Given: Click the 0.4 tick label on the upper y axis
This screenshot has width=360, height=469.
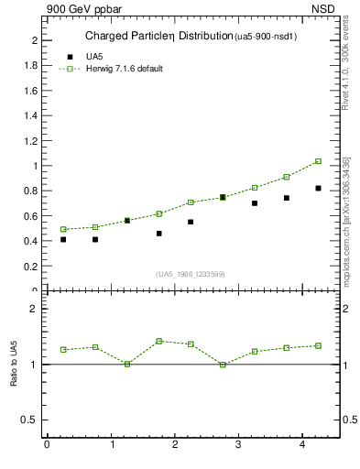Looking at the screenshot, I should pos(30,242).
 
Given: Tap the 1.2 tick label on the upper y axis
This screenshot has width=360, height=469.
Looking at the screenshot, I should pos(30,141).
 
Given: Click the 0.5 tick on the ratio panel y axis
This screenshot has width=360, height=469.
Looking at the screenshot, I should pos(30,420).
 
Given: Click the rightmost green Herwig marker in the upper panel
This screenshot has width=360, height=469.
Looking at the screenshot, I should pos(318,161).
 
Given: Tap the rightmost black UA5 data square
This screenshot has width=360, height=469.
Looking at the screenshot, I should pos(318,188).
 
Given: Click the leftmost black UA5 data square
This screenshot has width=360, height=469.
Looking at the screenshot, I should pos(63,239).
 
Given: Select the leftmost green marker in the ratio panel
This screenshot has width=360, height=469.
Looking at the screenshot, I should pos(63,350).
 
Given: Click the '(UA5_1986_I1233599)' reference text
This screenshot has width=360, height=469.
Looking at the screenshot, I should pos(190,274).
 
